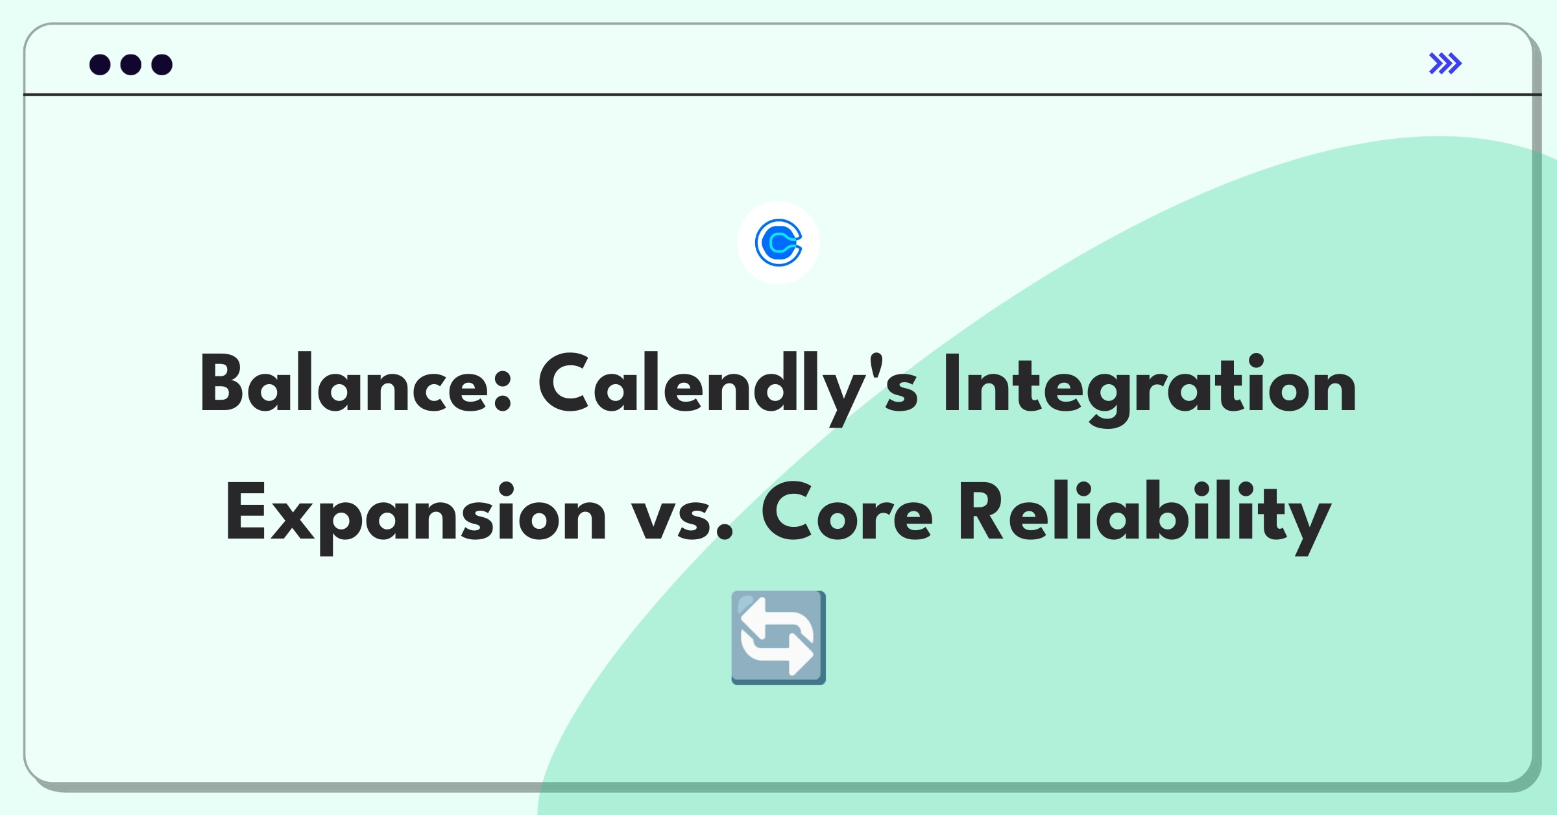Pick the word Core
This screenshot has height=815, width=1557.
[x=847, y=512]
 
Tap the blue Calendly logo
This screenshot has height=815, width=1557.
[x=779, y=243]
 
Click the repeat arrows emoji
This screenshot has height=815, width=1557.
[x=779, y=637]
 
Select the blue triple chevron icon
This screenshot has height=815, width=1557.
[x=1445, y=64]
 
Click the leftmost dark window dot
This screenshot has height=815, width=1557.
[x=100, y=64]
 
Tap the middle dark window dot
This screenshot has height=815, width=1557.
[x=131, y=64]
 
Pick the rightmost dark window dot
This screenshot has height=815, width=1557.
[x=162, y=64]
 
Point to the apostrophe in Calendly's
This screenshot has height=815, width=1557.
[x=876, y=363]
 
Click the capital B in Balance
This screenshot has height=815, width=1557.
[x=221, y=383]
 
